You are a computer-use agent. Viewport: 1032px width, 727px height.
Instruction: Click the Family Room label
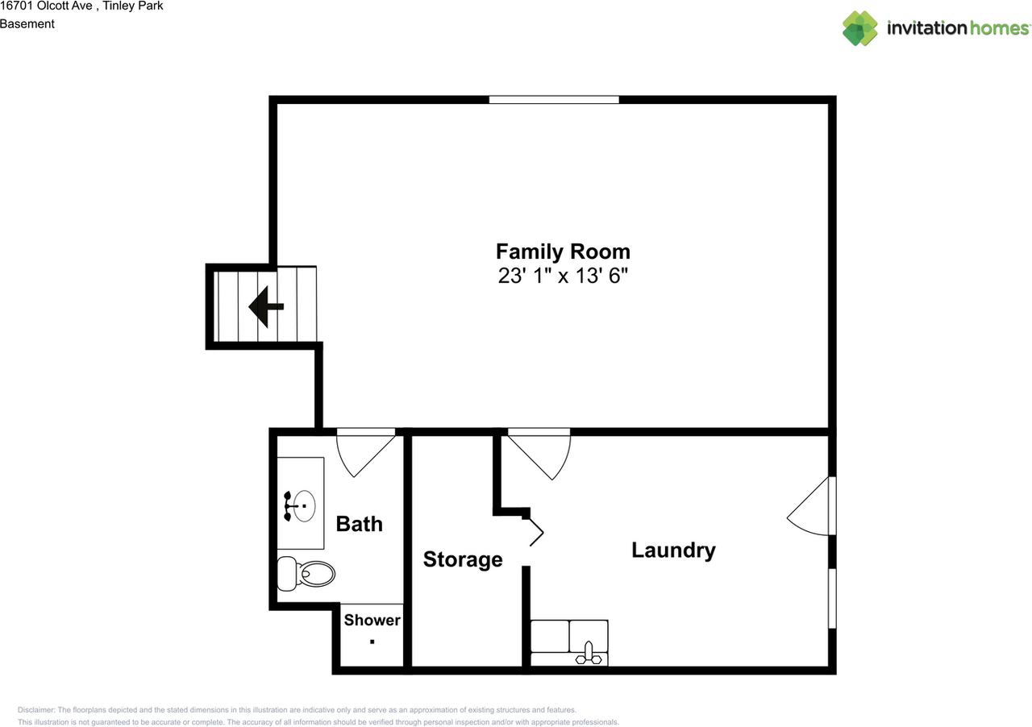(x=563, y=252)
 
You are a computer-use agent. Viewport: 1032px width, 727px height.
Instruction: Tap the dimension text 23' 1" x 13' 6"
(x=563, y=276)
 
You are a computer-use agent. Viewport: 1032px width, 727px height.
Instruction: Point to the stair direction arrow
(x=266, y=306)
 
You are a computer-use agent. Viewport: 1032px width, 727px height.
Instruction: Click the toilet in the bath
(x=306, y=574)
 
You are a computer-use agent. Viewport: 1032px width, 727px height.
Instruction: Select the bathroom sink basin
(x=305, y=506)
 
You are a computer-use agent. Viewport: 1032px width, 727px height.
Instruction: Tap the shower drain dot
(x=372, y=642)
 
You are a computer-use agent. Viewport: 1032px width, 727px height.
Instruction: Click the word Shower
(x=372, y=620)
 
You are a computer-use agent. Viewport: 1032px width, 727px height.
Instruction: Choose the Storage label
(x=463, y=560)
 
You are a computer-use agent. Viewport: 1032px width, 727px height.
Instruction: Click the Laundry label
(x=673, y=550)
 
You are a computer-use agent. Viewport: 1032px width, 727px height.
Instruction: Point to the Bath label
(x=360, y=524)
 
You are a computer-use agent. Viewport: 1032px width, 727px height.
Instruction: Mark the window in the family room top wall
(x=554, y=99)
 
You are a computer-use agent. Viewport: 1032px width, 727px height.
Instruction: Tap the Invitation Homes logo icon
(x=860, y=28)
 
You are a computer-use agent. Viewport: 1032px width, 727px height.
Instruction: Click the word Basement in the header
(x=27, y=24)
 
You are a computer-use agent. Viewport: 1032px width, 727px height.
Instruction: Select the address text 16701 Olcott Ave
(x=46, y=6)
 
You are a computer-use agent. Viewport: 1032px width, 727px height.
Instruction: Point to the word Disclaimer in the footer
(x=36, y=710)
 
